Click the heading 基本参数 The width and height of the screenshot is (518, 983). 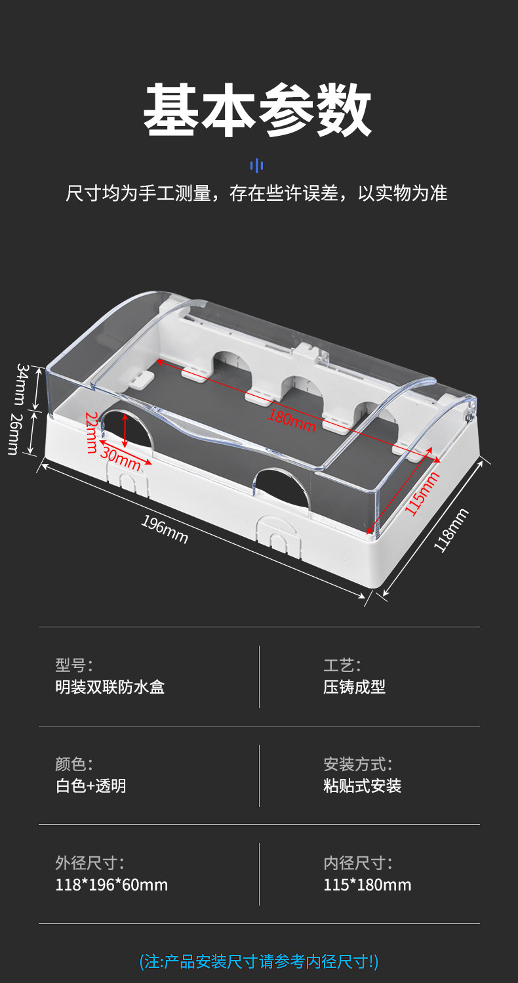pos(258,110)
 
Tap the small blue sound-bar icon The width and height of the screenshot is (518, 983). pos(257,165)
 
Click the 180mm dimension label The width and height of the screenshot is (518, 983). pos(292,420)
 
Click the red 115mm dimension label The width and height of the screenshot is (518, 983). pos(421,493)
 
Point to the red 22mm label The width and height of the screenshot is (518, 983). pos(91,432)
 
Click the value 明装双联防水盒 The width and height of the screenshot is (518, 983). pos(110,687)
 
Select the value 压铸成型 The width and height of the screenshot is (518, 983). pos(354,687)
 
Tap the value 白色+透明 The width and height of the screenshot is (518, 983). pos(91,785)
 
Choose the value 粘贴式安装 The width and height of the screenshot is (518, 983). pos(362,785)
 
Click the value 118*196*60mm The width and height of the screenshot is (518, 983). pos(111,885)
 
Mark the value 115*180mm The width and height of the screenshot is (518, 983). pos(367,885)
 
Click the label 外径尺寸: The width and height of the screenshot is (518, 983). pos(89,863)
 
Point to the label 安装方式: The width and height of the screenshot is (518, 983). pos(357,764)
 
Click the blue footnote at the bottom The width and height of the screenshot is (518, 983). pos(259,962)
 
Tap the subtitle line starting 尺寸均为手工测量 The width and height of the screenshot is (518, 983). pos(256,194)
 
